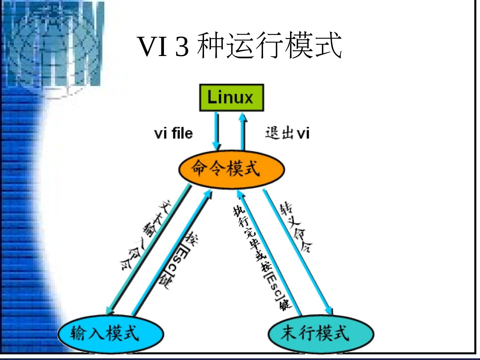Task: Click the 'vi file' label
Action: [x=173, y=133]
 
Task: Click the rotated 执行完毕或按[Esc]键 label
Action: [x=261, y=257]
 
